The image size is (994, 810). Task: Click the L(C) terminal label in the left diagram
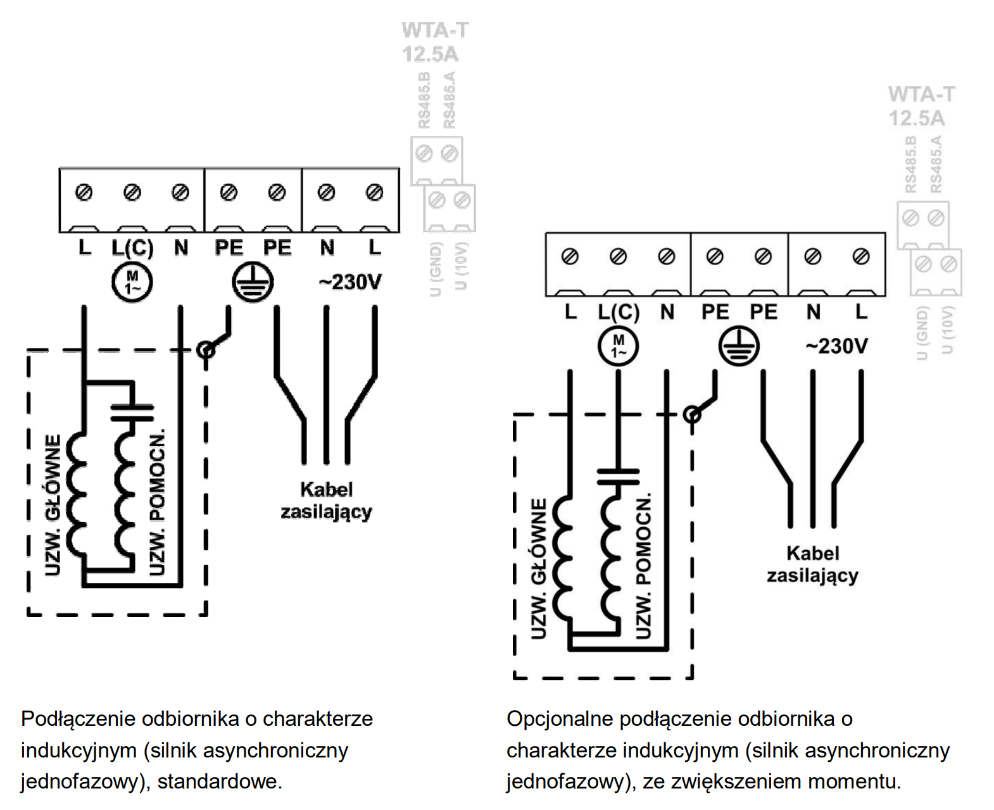pos(132,247)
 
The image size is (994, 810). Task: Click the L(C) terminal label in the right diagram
pos(619,312)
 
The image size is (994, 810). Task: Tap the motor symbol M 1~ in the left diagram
pos(132,282)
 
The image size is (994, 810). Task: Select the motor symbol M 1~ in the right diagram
pos(619,347)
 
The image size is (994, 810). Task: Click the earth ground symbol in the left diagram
pos(253,282)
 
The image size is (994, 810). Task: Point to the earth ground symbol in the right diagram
pos(739,347)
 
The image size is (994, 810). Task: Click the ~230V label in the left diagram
pos(350,282)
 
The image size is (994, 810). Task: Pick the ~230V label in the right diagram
pos(836,347)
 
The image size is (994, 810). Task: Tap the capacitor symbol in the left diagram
pos(132,413)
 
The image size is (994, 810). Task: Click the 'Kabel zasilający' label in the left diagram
pos(326,501)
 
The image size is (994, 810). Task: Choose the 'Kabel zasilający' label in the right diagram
pos(812,564)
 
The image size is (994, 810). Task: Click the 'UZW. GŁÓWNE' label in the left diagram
pos(54,504)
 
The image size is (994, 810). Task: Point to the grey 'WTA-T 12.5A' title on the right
pos(921,106)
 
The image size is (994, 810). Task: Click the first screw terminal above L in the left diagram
pos(84,192)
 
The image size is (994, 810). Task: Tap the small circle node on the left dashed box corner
pos(206,350)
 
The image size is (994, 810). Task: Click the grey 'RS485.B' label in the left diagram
pos(424,99)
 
